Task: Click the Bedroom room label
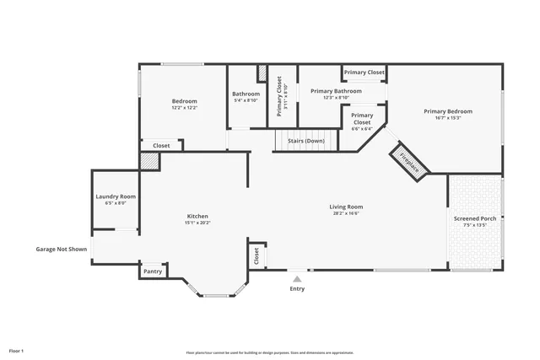pyautogui.click(x=184, y=101)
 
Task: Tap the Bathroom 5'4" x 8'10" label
pyautogui.click(x=246, y=94)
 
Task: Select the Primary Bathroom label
pyautogui.click(x=336, y=90)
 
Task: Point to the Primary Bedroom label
pyautogui.click(x=448, y=111)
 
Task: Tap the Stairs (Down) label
pyautogui.click(x=305, y=141)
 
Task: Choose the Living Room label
pyautogui.click(x=346, y=207)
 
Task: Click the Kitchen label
pyautogui.click(x=197, y=216)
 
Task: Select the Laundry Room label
pyautogui.click(x=116, y=196)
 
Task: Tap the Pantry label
pyautogui.click(x=153, y=271)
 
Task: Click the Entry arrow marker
pyautogui.click(x=297, y=277)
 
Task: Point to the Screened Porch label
pyautogui.click(x=475, y=218)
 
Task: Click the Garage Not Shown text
pyautogui.click(x=61, y=249)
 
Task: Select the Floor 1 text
pyautogui.click(x=17, y=350)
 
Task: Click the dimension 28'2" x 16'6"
pyautogui.click(x=346, y=214)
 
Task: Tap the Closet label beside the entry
pyautogui.click(x=256, y=255)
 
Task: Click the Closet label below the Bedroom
pyautogui.click(x=161, y=146)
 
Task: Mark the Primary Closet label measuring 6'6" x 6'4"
pyautogui.click(x=362, y=119)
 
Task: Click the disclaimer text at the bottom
pyautogui.click(x=270, y=352)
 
